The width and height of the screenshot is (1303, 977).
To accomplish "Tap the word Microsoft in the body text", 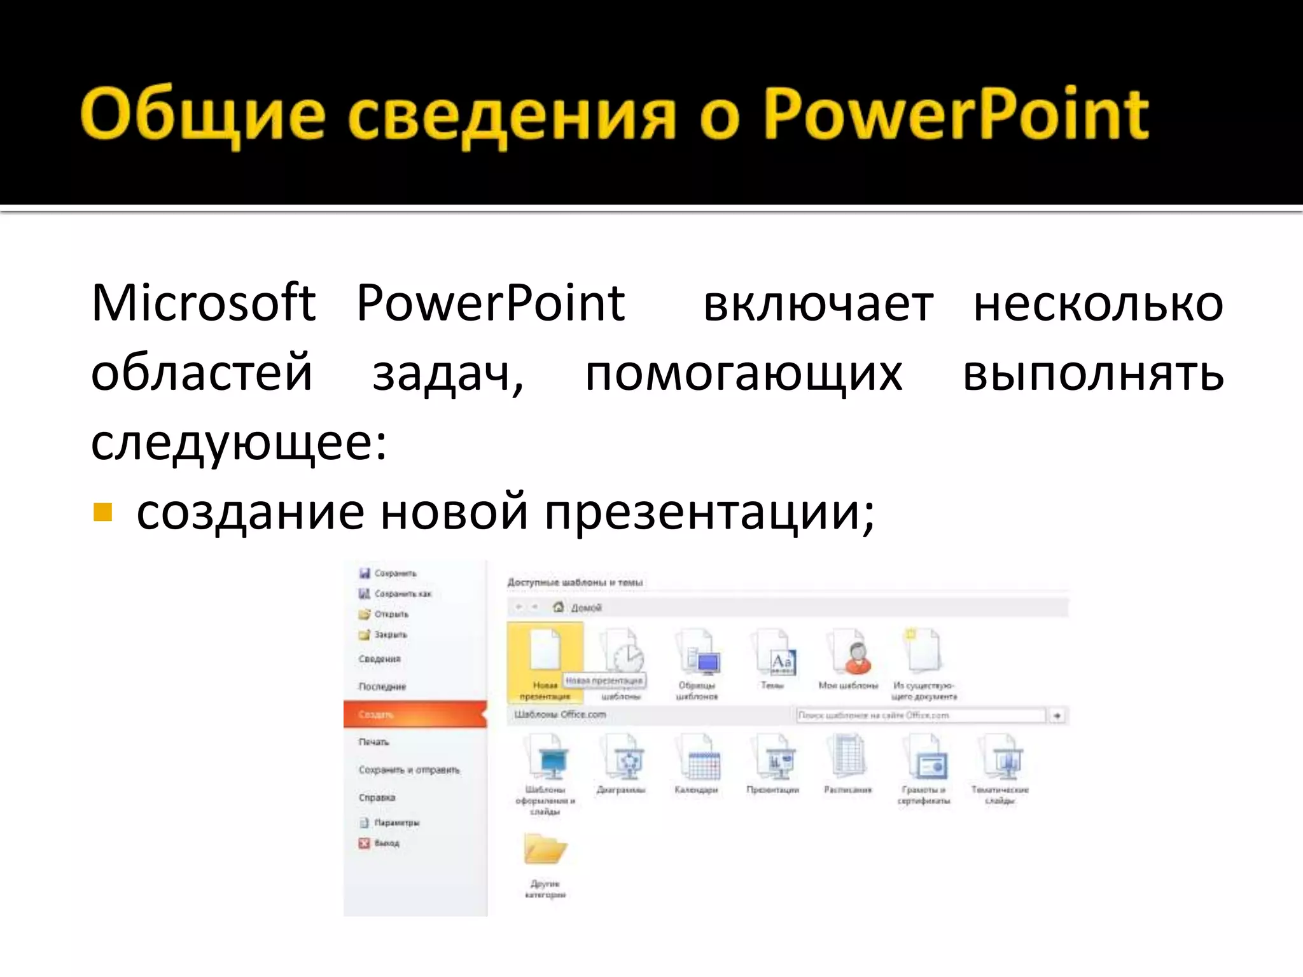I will (x=203, y=303).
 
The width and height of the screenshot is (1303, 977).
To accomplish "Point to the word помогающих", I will (x=743, y=374).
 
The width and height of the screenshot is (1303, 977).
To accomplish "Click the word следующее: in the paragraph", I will (x=239, y=443).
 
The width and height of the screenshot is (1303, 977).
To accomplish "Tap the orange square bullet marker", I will (x=102, y=512).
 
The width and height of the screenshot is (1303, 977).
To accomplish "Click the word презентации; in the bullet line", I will (x=709, y=513).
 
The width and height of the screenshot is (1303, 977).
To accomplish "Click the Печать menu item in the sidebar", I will (x=373, y=742).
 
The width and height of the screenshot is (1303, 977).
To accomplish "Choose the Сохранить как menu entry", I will (x=402, y=593).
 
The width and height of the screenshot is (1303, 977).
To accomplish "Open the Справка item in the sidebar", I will (x=377, y=797).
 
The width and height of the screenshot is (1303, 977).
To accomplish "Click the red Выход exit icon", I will (x=364, y=843).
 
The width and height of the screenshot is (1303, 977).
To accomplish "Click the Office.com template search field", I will (x=921, y=716).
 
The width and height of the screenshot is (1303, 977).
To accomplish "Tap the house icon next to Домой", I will (x=559, y=607).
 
